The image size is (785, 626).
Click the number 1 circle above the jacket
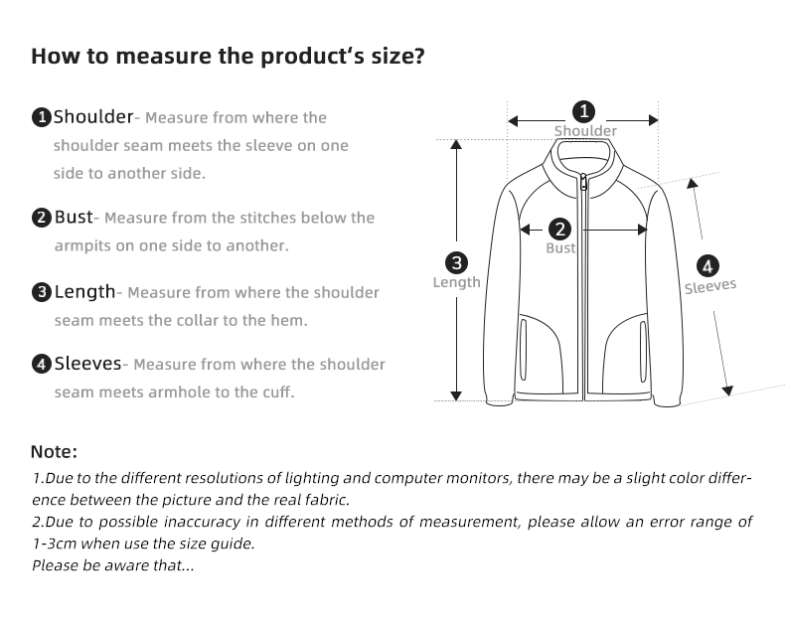click(583, 111)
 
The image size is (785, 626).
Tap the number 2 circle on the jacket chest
click(560, 230)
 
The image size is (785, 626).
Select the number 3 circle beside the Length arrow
click(456, 263)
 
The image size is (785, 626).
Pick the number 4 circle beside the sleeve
click(707, 266)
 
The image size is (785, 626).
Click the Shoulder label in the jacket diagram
click(585, 131)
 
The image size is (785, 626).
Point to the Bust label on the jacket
click(560, 247)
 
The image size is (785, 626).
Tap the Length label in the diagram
click(456, 282)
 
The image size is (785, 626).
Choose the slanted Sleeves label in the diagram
click(710, 286)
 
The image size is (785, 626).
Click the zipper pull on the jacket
click(583, 182)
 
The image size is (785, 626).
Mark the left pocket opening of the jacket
click(523, 351)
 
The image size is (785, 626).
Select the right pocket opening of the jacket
click(643, 352)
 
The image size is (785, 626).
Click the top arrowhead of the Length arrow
click(456, 144)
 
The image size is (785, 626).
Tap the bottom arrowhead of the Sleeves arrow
click(727, 391)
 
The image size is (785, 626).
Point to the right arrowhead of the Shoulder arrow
click(653, 120)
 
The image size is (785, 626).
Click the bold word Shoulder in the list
click(93, 116)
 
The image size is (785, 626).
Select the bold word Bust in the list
click(74, 217)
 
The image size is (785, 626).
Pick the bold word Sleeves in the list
click(88, 363)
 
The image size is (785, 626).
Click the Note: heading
click(54, 452)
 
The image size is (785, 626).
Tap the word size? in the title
click(398, 56)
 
